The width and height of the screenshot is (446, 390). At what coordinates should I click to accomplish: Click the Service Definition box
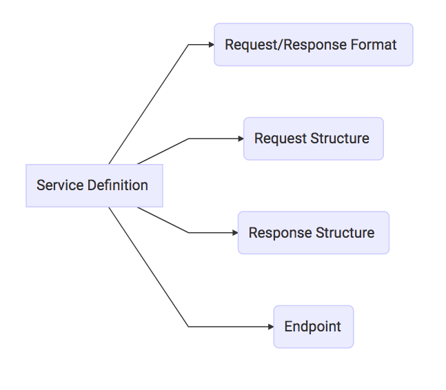94,185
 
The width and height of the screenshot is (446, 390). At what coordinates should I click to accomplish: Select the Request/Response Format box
313,45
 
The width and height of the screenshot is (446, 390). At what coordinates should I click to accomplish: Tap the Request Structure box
313,138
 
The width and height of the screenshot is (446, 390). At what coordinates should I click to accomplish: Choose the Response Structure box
313,233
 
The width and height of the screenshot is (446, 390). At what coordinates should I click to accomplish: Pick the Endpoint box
313,327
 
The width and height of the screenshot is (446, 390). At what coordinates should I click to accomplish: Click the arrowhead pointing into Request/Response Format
210,45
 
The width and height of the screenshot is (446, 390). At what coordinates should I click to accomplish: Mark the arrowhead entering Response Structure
234,233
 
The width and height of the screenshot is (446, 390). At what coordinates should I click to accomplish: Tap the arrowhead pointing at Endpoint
270,327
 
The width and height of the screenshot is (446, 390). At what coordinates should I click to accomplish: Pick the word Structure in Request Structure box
340,138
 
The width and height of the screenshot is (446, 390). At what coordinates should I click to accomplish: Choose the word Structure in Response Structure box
345,233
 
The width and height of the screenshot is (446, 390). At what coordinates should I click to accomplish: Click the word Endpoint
313,327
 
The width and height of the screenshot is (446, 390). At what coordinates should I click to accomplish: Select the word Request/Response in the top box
285,45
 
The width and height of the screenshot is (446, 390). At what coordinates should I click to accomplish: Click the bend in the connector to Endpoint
188,327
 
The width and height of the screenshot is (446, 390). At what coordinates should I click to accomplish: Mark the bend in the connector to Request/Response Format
188,45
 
